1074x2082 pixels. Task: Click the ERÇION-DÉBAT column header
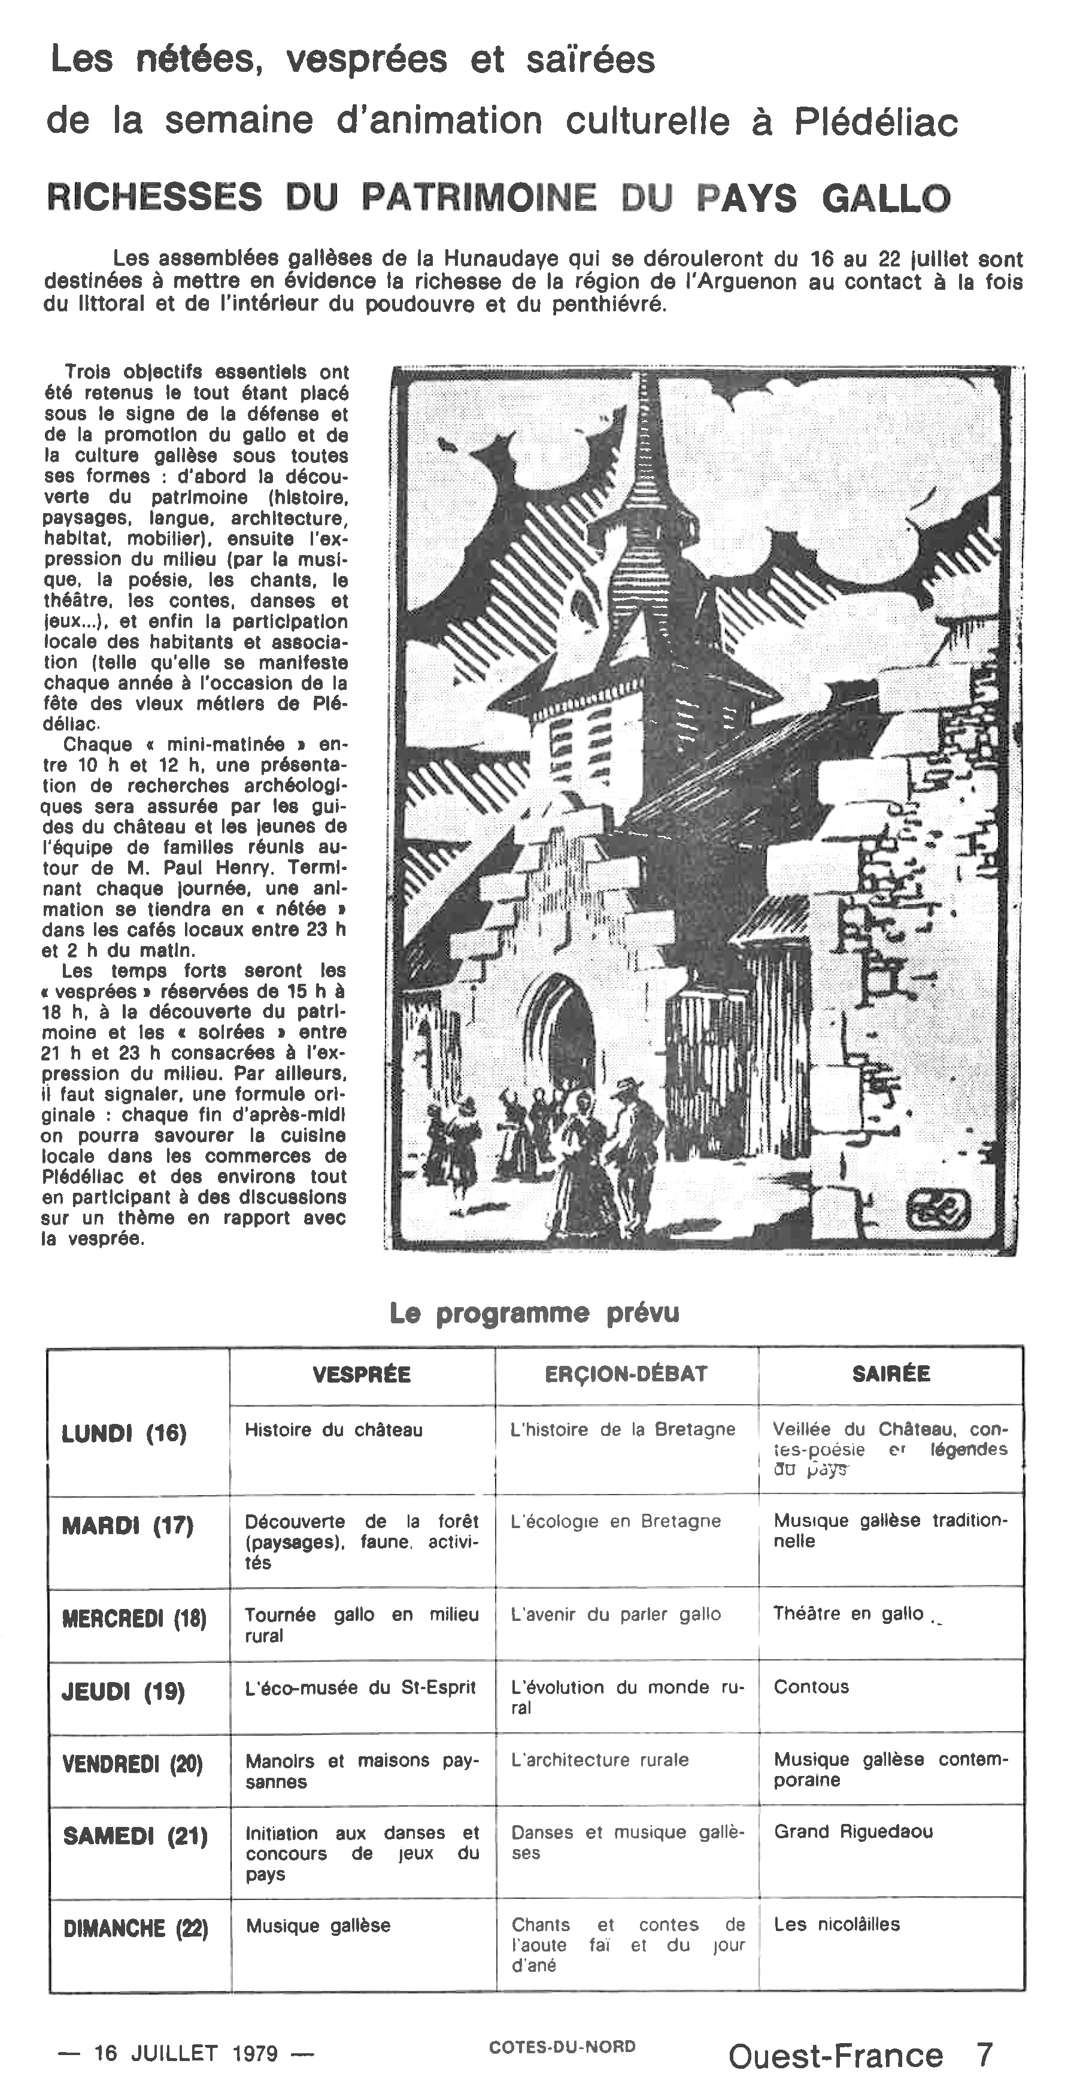point(626,1374)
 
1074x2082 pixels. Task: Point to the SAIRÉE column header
point(891,1374)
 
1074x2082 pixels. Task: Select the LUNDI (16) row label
point(124,1434)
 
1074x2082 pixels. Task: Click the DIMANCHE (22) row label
point(136,1929)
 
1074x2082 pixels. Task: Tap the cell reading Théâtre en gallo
point(848,1614)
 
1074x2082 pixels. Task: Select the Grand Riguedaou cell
point(852,1832)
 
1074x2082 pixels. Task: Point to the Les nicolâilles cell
point(836,1925)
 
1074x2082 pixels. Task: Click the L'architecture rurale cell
point(600,1759)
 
